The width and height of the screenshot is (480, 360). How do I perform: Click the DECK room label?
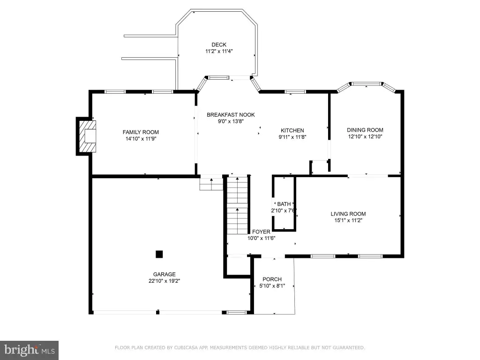click(219, 45)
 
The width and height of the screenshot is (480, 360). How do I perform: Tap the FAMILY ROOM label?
click(141, 132)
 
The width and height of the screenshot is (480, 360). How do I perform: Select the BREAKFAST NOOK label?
click(231, 115)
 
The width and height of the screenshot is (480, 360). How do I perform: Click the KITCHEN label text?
click(292, 130)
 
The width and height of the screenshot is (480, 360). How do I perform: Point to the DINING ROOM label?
click(365, 130)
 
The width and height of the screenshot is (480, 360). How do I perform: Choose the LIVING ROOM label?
click(348, 214)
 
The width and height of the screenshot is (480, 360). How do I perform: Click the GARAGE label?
click(165, 275)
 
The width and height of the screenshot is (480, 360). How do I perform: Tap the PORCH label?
click(272, 279)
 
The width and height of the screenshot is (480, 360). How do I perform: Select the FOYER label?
click(261, 232)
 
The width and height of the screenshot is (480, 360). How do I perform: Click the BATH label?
click(284, 204)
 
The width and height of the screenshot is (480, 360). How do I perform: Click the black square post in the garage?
click(159, 254)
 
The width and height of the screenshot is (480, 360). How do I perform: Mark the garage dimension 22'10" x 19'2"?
click(165, 281)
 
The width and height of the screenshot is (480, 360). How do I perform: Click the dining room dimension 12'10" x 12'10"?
click(365, 136)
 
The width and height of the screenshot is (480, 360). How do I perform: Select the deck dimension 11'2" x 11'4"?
click(219, 52)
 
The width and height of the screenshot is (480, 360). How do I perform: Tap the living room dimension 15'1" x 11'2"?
click(348, 220)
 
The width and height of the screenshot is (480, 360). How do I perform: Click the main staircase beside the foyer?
click(237, 205)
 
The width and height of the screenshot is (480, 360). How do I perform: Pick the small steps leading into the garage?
click(211, 184)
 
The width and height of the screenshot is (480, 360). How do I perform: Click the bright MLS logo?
click(29, 350)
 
